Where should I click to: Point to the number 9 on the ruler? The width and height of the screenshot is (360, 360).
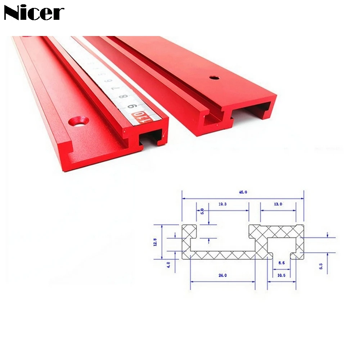[x=132, y=107]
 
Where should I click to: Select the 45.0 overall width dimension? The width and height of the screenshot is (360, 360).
[x=243, y=192]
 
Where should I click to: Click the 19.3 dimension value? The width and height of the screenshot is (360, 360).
[x=222, y=204]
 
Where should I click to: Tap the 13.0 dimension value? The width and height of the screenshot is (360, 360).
[x=278, y=204]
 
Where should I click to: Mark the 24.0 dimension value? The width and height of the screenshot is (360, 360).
[x=222, y=275]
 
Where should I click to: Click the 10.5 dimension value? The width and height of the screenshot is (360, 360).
[x=282, y=275]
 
